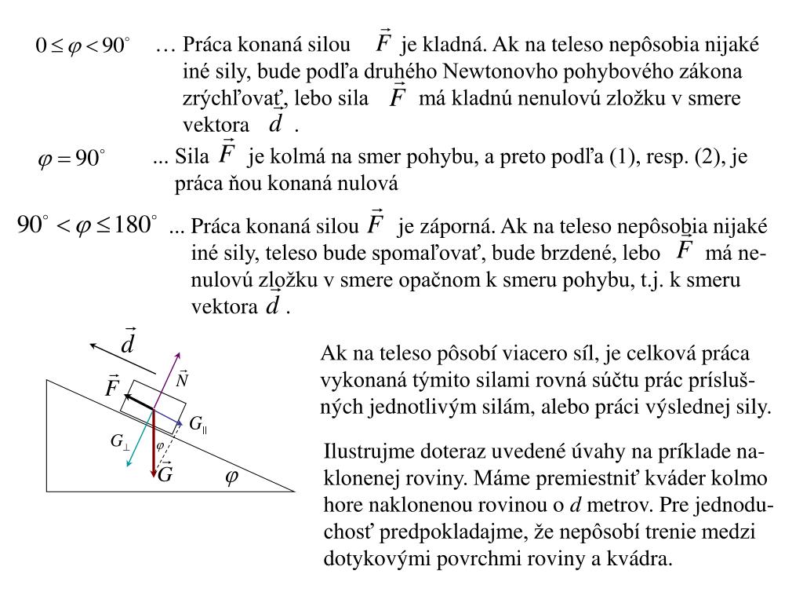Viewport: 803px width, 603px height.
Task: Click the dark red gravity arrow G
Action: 154,444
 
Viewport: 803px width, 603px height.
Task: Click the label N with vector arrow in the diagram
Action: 183,380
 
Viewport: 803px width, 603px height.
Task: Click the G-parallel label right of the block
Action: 198,424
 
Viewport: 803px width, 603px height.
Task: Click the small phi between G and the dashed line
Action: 160,446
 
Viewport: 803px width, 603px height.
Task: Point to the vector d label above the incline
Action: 129,342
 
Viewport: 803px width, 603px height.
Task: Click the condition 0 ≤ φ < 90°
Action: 83,46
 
